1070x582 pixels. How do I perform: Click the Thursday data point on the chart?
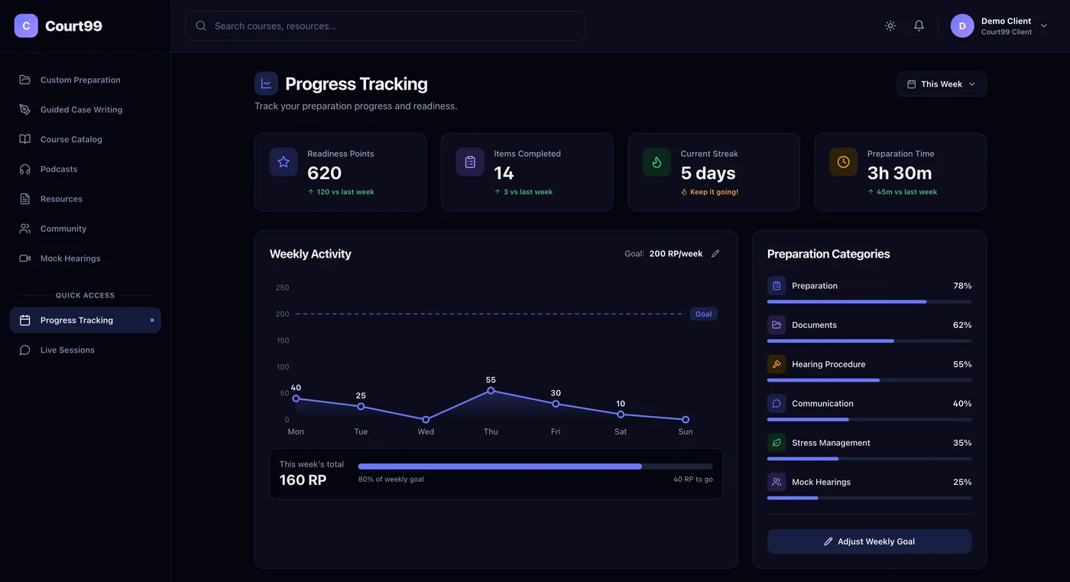click(x=491, y=391)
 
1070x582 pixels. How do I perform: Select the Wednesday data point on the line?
click(x=426, y=420)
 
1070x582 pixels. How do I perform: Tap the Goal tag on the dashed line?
click(x=703, y=314)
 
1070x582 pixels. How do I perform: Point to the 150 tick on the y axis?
click(x=282, y=340)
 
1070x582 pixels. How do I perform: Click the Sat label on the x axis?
click(x=620, y=431)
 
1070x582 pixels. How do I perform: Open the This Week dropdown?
click(x=941, y=84)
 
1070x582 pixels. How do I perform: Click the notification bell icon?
click(x=919, y=26)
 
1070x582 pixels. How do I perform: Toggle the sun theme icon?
click(x=890, y=26)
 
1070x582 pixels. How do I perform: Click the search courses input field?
click(x=385, y=26)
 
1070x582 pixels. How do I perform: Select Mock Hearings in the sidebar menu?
click(x=70, y=258)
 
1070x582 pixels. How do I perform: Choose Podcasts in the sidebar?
click(x=59, y=169)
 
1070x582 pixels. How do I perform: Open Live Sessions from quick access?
click(x=67, y=350)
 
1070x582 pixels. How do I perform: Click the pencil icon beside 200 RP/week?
click(x=715, y=254)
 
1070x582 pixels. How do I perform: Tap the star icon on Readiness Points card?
click(x=284, y=162)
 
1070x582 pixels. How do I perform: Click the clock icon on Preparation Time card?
click(x=843, y=162)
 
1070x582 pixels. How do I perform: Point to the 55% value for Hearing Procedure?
click(x=962, y=364)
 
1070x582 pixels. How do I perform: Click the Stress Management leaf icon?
click(x=777, y=443)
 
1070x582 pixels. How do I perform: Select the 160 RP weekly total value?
click(x=303, y=480)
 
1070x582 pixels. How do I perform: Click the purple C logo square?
click(x=26, y=26)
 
